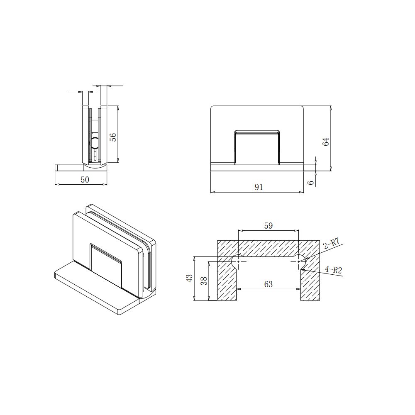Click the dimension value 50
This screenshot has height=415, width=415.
coord(85,180)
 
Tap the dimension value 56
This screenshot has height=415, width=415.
coord(113,137)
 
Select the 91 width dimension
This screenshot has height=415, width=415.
coord(259,187)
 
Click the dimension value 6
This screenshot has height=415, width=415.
coord(311,182)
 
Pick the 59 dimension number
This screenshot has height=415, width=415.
coord(269,225)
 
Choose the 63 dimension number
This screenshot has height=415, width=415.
coord(269,284)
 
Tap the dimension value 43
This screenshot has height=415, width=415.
coord(190,278)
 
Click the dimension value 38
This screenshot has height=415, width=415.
coord(204,281)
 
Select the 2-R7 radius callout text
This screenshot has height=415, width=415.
coord(331,243)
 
